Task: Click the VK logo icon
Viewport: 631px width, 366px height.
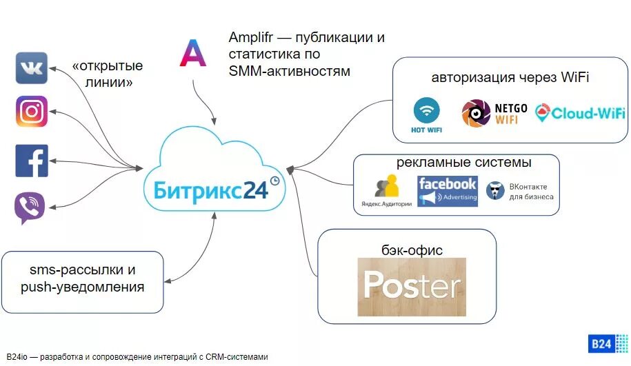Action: click(32, 68)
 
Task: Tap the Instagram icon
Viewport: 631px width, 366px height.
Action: click(32, 112)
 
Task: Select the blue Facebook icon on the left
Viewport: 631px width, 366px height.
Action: click(32, 161)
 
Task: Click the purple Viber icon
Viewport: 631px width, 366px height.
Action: click(30, 207)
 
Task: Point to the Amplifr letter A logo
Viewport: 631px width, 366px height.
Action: click(193, 53)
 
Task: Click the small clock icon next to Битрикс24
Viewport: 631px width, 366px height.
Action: click(274, 181)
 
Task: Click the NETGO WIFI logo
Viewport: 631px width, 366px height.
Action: click(494, 114)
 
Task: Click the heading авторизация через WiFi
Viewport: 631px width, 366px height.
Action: click(510, 77)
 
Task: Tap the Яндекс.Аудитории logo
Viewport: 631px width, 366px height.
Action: click(386, 191)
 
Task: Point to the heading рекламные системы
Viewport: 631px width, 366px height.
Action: click(463, 163)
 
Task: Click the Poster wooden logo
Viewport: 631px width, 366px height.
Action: click(412, 286)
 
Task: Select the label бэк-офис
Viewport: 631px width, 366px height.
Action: click(412, 250)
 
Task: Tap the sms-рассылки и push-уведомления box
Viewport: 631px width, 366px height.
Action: click(82, 278)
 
